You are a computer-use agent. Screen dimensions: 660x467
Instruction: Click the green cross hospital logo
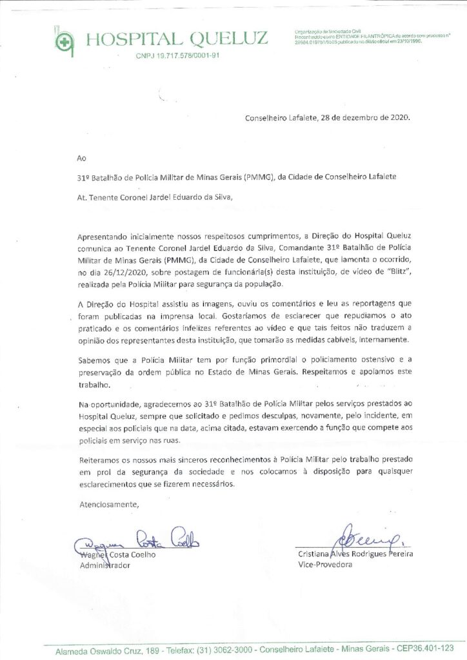[x=63, y=41]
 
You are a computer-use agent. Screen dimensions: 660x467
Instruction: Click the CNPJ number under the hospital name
[x=178, y=56]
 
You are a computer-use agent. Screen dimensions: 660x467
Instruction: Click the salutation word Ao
[x=81, y=157]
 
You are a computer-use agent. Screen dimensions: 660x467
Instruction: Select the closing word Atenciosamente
[x=108, y=504]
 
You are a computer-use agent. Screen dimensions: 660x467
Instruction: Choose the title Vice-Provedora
[x=325, y=565]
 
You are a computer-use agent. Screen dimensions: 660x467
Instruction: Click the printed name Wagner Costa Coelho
[x=117, y=554]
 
